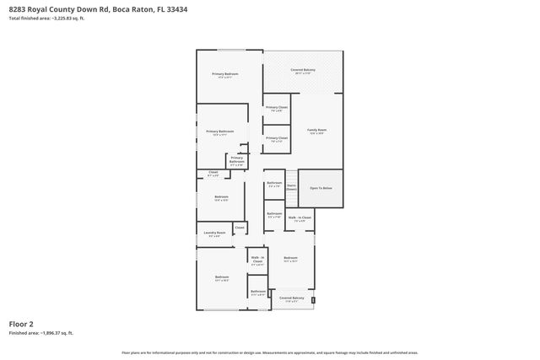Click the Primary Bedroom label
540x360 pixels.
225,74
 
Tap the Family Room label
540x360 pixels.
316,130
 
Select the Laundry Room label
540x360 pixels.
215,233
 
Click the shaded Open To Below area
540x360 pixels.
321,188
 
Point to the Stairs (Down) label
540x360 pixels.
291,187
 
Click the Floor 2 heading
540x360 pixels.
21,323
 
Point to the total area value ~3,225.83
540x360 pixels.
62,18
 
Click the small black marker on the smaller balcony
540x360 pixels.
313,299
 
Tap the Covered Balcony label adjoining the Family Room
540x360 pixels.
303,70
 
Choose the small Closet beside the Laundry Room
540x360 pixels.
240,228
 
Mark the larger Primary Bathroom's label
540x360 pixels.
220,132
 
